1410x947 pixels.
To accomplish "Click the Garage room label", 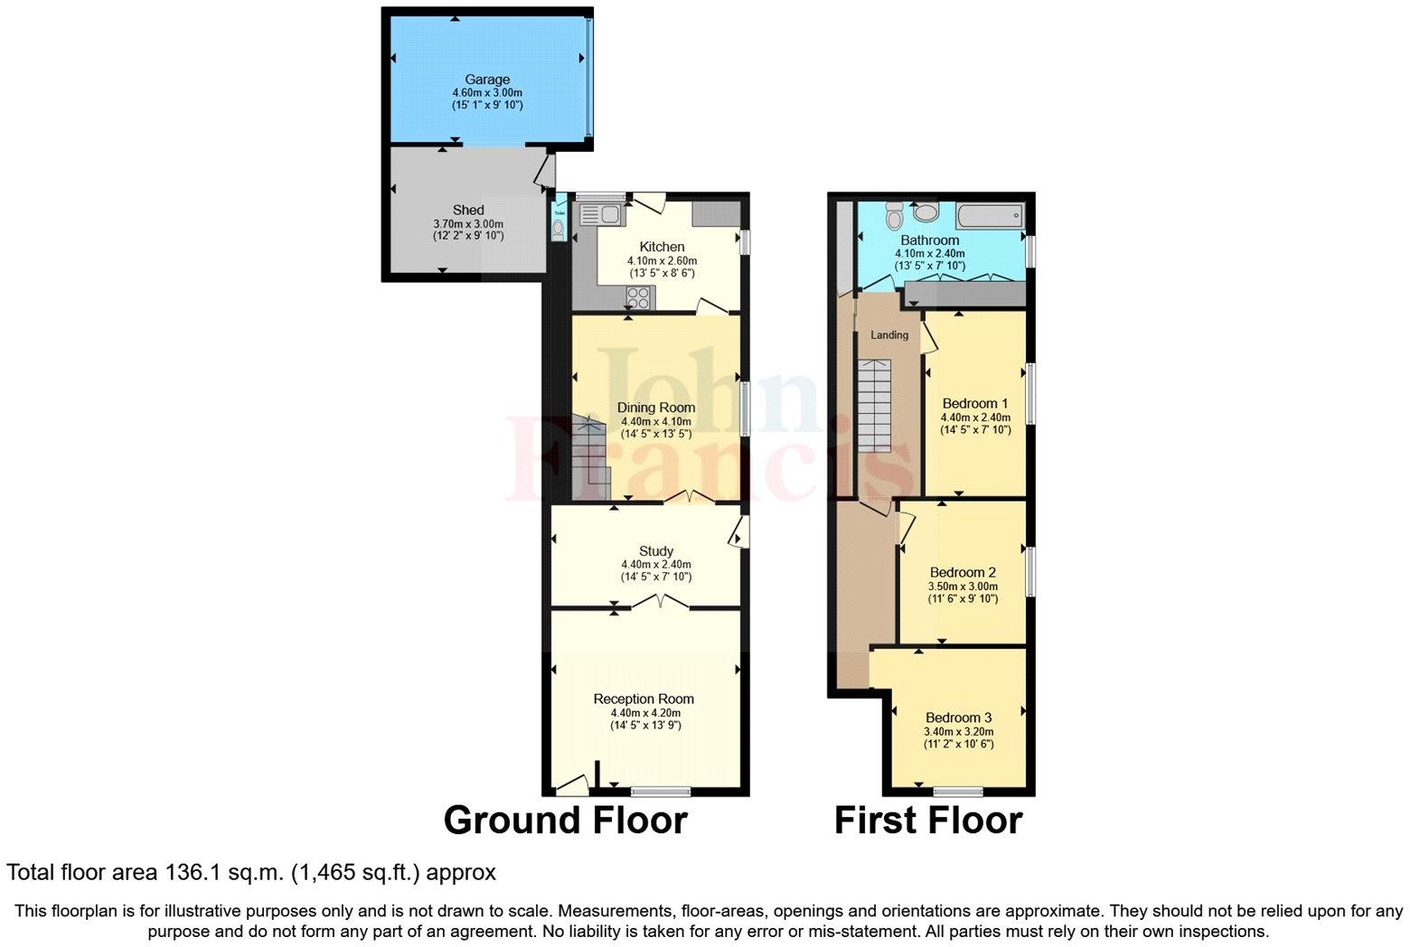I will tap(487, 80).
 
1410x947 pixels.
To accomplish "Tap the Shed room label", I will tap(468, 211).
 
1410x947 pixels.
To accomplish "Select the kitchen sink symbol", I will tap(598, 215).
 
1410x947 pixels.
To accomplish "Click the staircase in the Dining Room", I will tap(589, 456).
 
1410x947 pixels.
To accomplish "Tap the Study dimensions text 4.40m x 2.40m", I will tap(655, 564).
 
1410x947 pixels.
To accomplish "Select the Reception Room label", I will tap(644, 699).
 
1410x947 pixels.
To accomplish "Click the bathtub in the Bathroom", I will tap(991, 216).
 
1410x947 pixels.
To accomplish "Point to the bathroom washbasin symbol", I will tap(927, 212).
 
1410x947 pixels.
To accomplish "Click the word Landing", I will tap(888, 335).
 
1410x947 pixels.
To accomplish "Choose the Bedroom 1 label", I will tap(974, 403).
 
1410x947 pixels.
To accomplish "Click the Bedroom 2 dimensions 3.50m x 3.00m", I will tap(963, 586).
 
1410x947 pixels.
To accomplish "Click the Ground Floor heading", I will tap(565, 820).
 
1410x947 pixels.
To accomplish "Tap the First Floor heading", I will tap(927, 820).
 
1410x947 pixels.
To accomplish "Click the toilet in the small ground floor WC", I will tap(559, 230).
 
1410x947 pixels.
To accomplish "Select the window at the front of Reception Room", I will tap(661, 792).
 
